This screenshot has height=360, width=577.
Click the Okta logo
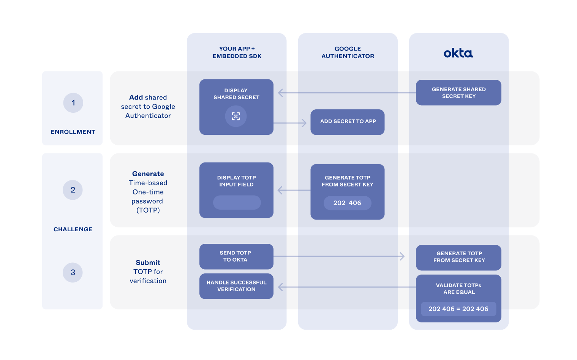click(x=458, y=53)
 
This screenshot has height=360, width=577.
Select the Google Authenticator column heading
click(x=348, y=52)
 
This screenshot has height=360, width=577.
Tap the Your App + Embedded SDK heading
click(x=237, y=52)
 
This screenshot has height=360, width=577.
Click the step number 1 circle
click(x=73, y=103)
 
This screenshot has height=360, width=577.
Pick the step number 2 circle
click(x=73, y=190)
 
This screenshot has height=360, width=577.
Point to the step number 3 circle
click(x=73, y=272)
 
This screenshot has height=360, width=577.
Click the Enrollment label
click(x=73, y=132)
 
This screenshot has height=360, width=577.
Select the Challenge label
click(x=73, y=229)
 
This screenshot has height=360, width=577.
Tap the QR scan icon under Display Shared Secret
click(x=236, y=116)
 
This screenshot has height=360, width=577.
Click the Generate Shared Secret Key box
click(x=458, y=93)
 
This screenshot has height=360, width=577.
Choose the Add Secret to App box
click(x=348, y=122)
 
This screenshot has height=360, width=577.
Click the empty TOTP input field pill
click(x=237, y=202)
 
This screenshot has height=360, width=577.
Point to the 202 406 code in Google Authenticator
click(x=347, y=203)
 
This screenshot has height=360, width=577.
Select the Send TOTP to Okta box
click(x=236, y=256)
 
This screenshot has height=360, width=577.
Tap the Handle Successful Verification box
click(x=236, y=286)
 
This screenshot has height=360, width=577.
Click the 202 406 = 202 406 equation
click(x=458, y=309)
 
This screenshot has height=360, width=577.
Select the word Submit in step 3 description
click(x=148, y=262)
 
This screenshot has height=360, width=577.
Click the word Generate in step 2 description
click(x=148, y=174)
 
